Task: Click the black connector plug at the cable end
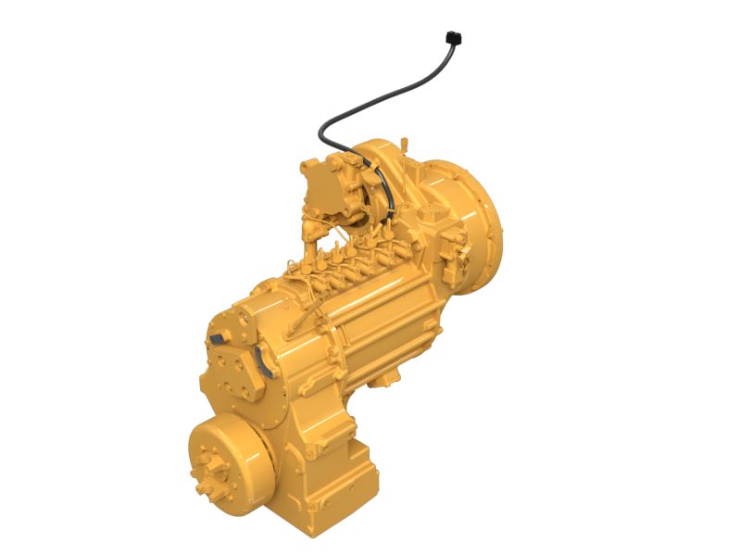453,38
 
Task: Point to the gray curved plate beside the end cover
265,364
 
